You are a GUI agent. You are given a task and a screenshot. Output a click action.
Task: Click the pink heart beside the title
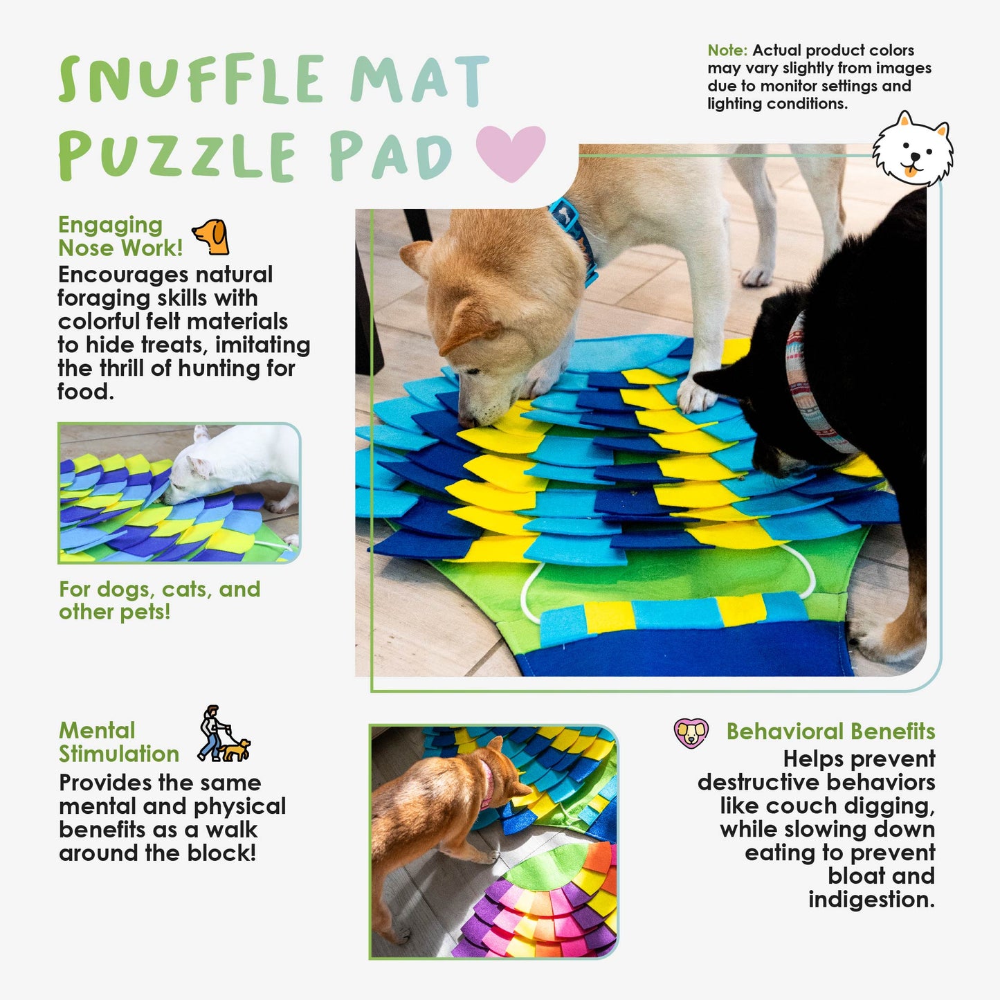pyautogui.click(x=511, y=152)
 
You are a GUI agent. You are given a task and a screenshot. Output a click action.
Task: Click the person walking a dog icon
pyautogui.click(x=224, y=734)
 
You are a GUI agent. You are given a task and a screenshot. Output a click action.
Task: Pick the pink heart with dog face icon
pyautogui.click(x=691, y=733)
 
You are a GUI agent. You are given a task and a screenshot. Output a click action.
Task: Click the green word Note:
pyautogui.click(x=727, y=51)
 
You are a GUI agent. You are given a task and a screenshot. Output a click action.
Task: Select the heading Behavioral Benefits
pyautogui.click(x=830, y=731)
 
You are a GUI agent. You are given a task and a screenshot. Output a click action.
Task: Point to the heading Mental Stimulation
pyautogui.click(x=119, y=742)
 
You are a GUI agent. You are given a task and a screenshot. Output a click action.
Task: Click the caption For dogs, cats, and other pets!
pyautogui.click(x=159, y=601)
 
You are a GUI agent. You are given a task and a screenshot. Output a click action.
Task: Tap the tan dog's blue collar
pyautogui.click(x=574, y=234)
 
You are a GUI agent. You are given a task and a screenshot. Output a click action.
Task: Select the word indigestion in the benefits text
pyautogui.click(x=871, y=900)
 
